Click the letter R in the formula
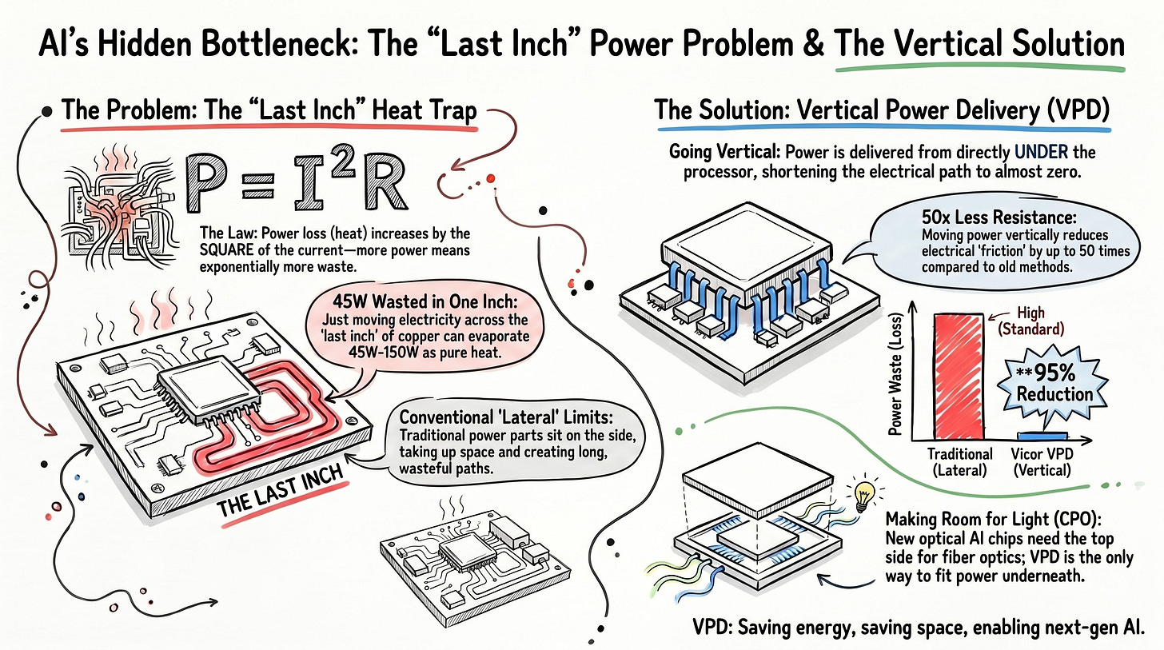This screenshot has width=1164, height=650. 385,189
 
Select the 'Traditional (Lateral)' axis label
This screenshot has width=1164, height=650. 959,461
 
